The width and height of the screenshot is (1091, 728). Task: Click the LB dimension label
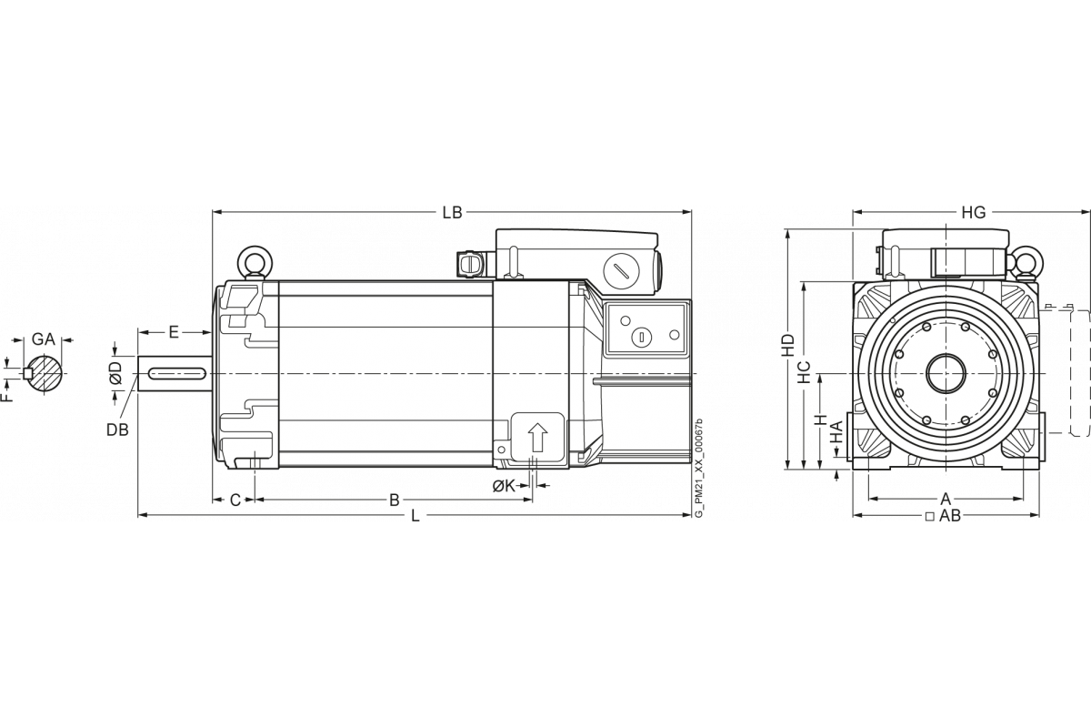(452, 213)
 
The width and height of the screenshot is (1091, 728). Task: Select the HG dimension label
(973, 213)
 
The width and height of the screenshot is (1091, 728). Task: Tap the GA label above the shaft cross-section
(44, 339)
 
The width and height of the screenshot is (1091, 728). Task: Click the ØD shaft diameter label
(115, 374)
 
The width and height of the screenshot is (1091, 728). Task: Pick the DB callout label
(116, 429)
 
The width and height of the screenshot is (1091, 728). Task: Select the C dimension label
(235, 500)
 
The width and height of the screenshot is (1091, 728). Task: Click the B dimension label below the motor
(395, 500)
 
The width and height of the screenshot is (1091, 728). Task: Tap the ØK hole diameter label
(505, 487)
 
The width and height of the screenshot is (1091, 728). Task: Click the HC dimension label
(804, 371)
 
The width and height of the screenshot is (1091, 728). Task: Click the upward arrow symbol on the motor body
(537, 438)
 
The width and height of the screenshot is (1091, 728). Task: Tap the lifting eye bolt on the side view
(255, 262)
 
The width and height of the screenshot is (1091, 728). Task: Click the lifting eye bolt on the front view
(1027, 262)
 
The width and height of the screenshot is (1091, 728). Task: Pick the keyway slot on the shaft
(177, 373)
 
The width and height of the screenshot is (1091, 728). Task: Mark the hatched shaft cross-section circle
(45, 373)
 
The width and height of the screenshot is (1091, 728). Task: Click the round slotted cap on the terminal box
(623, 269)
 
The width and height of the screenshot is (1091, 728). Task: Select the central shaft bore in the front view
(946, 374)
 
